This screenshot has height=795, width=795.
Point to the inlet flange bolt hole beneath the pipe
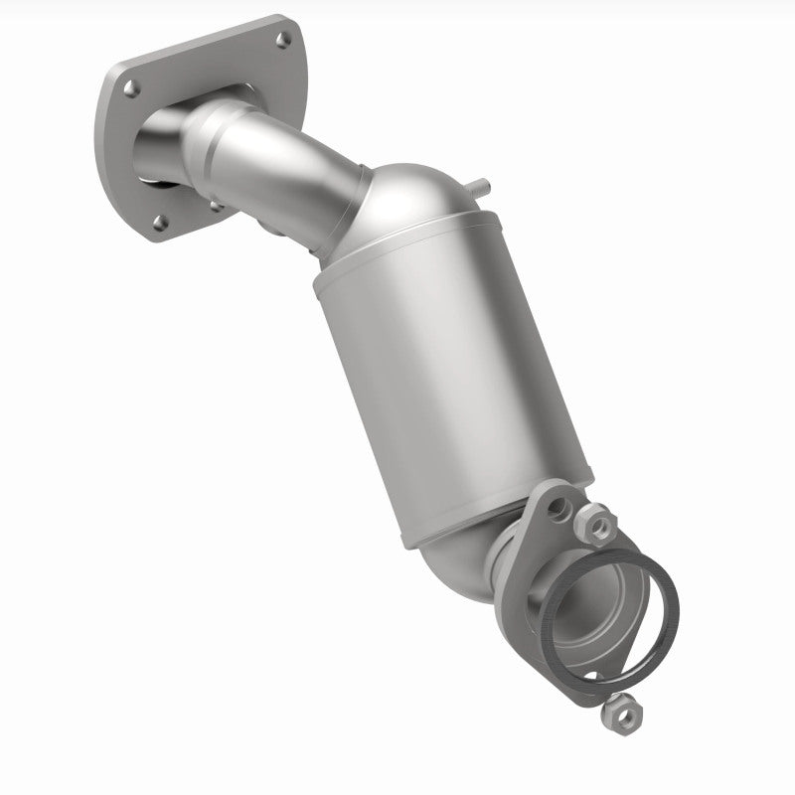click(x=216, y=205)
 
